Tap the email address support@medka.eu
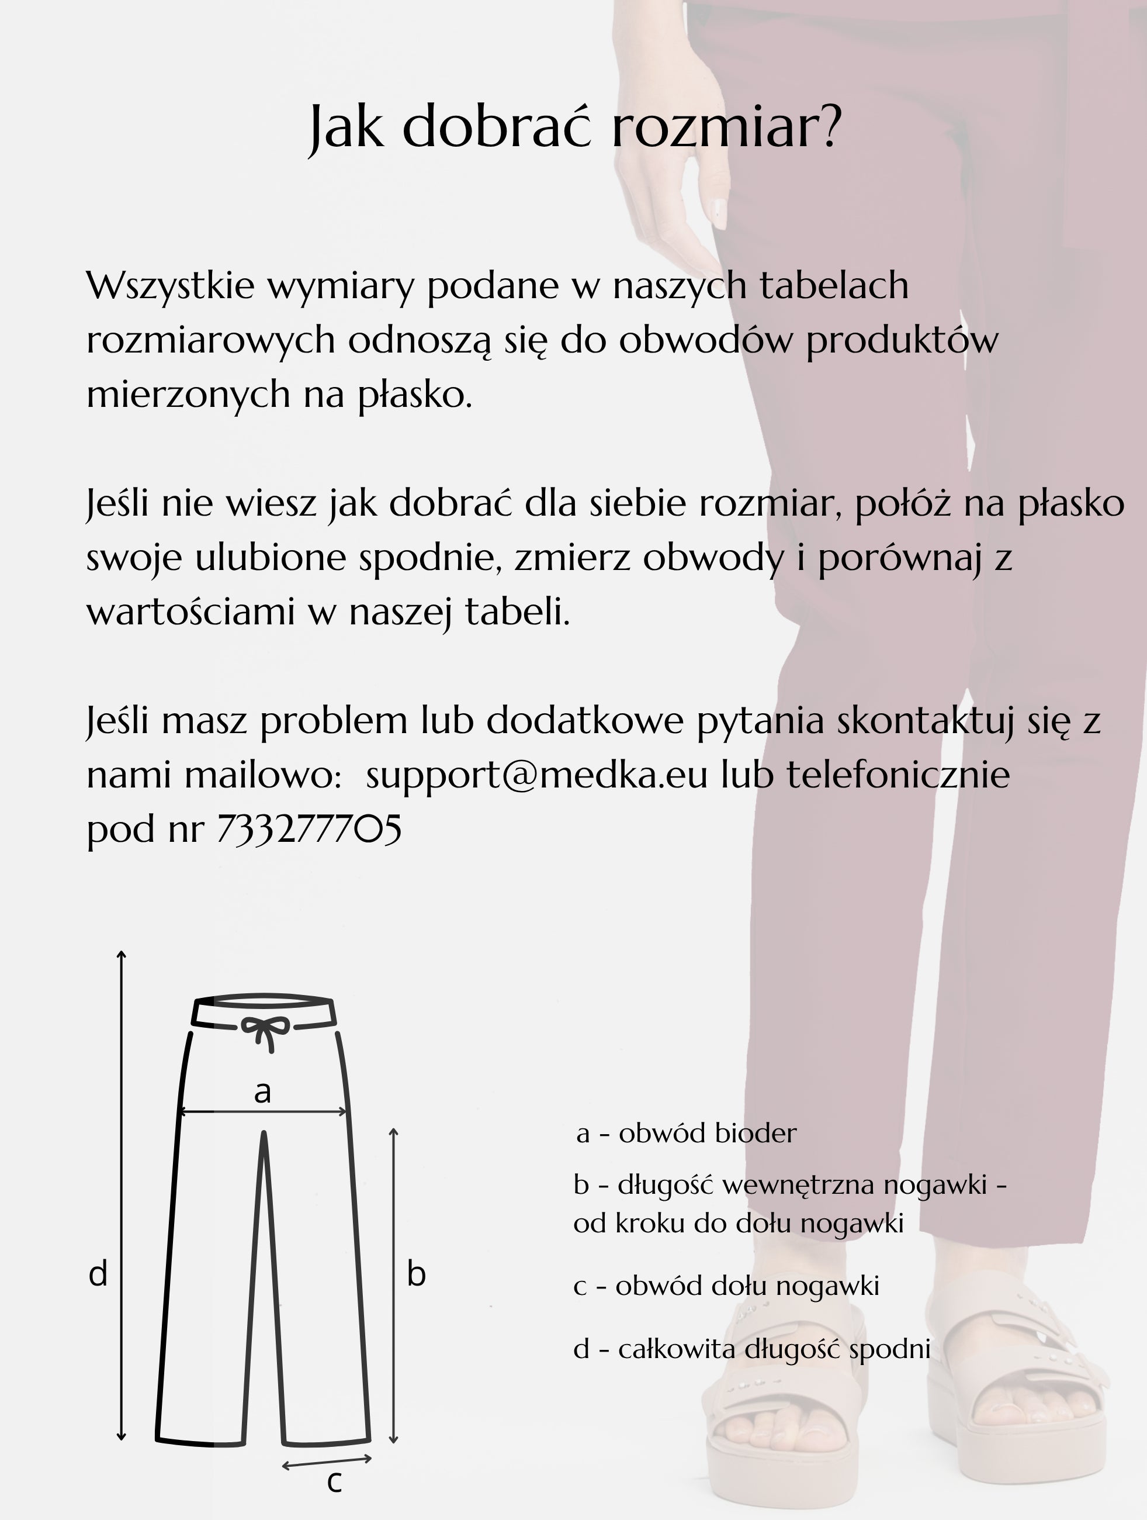536,775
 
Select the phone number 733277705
309,829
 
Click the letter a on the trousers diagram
262,1091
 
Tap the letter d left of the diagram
98,1274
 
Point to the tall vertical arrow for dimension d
122,1196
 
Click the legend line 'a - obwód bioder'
686,1133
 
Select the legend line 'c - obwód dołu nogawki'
726,1285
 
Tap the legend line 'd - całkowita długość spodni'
751,1349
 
